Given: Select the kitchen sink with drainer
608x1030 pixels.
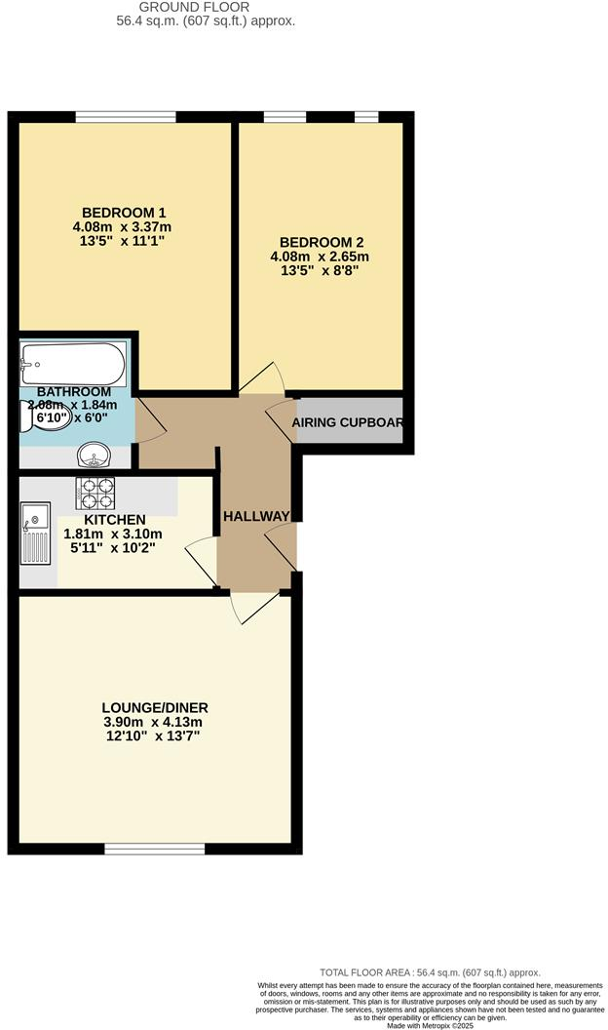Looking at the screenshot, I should click(34, 533).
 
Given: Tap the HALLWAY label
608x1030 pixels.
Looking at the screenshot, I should click(256, 516).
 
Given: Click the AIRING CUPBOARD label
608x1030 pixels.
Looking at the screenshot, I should click(348, 423).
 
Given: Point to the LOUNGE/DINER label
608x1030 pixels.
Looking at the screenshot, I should click(155, 707).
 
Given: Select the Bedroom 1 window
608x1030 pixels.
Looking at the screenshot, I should click(126, 117).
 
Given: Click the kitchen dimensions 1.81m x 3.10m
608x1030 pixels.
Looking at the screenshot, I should click(113, 534).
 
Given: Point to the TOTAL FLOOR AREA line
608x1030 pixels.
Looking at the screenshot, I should click(430, 972).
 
